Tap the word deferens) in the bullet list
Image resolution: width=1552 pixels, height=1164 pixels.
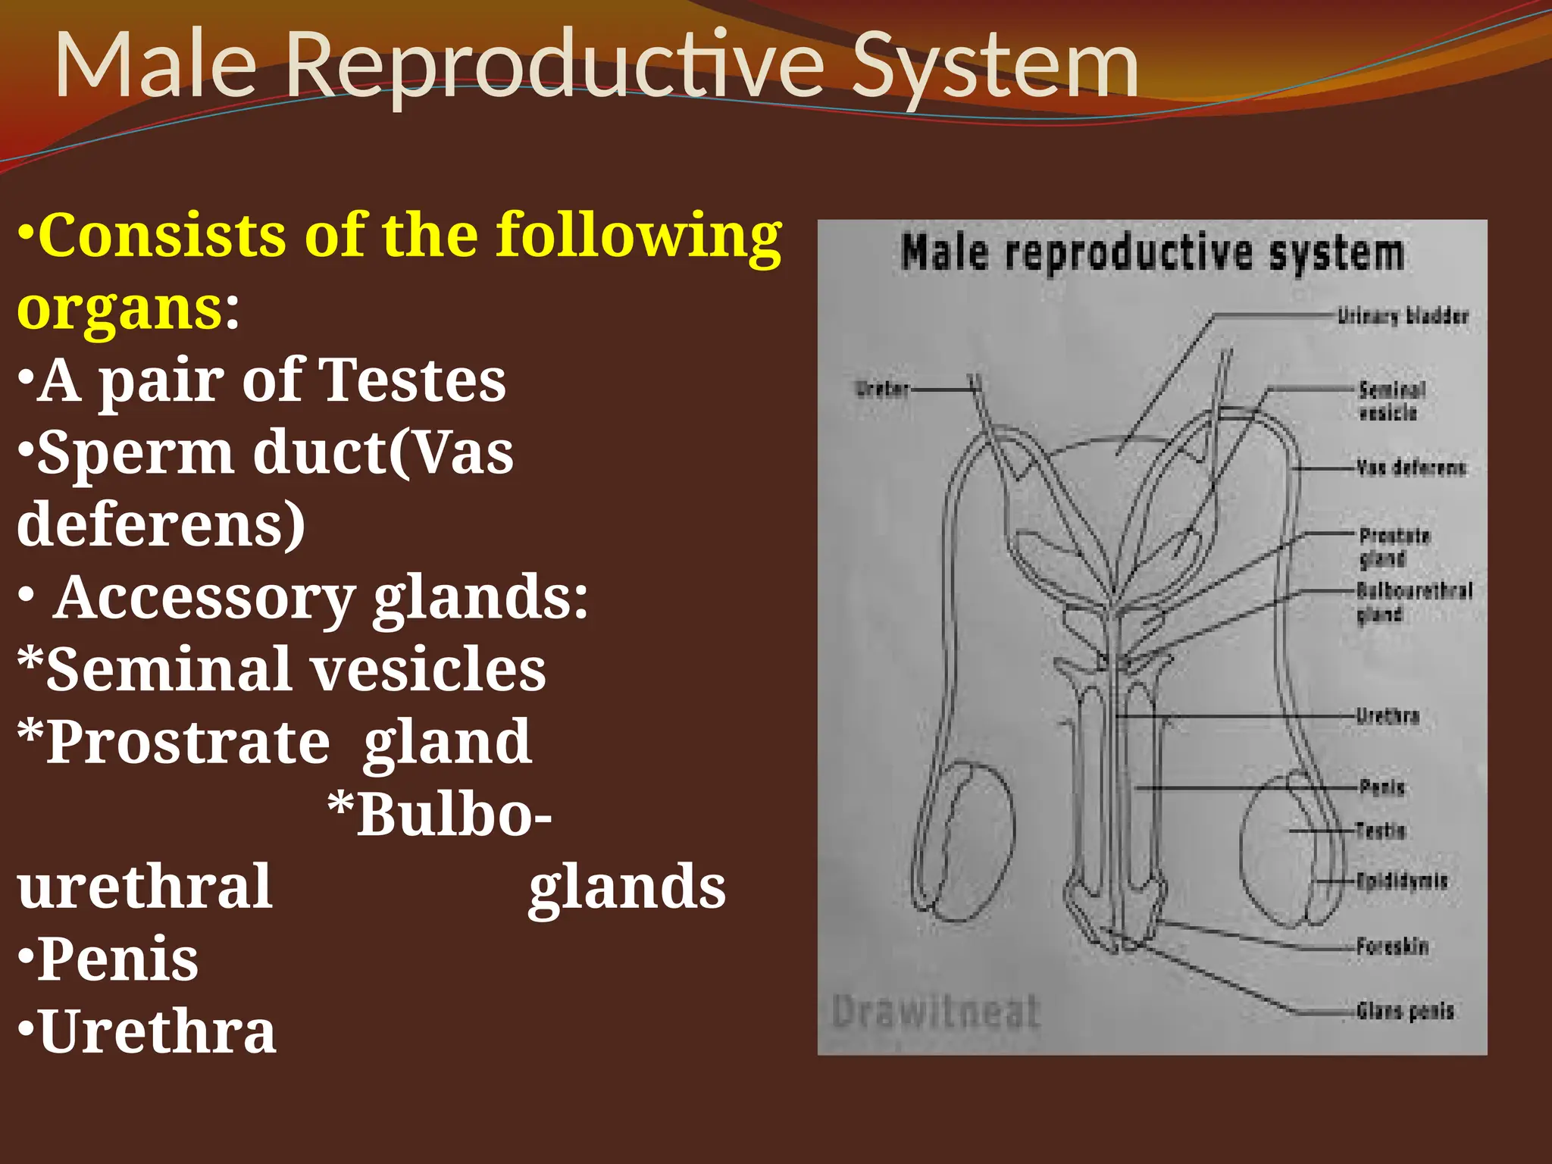(161, 525)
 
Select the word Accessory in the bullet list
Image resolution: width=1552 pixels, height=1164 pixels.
(204, 598)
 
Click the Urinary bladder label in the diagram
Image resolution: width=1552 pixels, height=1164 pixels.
(1403, 316)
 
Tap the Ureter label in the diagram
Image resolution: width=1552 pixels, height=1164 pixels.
(881, 390)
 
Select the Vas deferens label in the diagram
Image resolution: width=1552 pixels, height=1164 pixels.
(1410, 468)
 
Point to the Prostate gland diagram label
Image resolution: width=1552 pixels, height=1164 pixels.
(1394, 547)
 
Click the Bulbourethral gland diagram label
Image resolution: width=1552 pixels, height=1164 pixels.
(1413, 601)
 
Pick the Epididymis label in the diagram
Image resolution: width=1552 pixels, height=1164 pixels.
(1401, 881)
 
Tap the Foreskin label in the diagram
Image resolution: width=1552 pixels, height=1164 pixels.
(1392, 947)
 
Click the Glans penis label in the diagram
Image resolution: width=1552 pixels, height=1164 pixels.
(1405, 1011)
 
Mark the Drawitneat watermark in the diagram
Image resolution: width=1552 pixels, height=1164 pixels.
(936, 1012)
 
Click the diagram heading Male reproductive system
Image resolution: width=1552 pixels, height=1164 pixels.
(1153, 253)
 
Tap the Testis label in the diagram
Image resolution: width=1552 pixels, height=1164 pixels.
(1381, 831)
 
